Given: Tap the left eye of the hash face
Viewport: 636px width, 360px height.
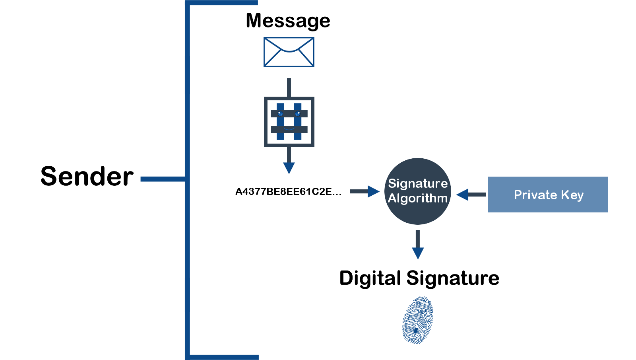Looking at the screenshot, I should click(x=280, y=113).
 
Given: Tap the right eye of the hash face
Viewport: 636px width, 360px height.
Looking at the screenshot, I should click(x=298, y=113).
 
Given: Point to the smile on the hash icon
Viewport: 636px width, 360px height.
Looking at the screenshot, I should click(x=289, y=128).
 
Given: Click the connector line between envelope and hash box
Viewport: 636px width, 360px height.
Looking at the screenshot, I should click(x=289, y=87).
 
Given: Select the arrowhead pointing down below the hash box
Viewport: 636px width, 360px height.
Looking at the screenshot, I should click(x=289, y=168).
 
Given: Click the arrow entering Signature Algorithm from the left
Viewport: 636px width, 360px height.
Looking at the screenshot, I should click(x=365, y=191).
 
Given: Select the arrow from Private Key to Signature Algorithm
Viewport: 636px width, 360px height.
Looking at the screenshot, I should click(x=471, y=195).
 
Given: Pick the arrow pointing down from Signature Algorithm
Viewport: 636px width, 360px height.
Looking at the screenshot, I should click(x=418, y=245).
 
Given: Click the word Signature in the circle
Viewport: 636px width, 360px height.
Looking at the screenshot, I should click(x=418, y=183).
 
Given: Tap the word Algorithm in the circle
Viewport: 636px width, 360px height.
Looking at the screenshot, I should click(x=418, y=198).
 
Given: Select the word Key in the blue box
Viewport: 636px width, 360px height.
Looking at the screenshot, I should click(x=572, y=195).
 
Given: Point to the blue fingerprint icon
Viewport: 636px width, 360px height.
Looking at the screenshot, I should click(x=417, y=320).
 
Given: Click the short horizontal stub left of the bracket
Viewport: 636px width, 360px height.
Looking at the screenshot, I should click(x=162, y=179).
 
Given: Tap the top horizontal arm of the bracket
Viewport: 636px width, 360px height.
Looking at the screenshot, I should click(x=223, y=3).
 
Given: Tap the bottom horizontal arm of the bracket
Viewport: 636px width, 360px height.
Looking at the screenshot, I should click(x=223, y=357).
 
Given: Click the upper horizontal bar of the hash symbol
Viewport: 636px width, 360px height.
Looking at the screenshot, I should click(x=289, y=114).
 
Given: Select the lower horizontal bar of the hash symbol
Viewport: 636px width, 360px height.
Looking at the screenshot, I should click(x=289, y=130).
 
